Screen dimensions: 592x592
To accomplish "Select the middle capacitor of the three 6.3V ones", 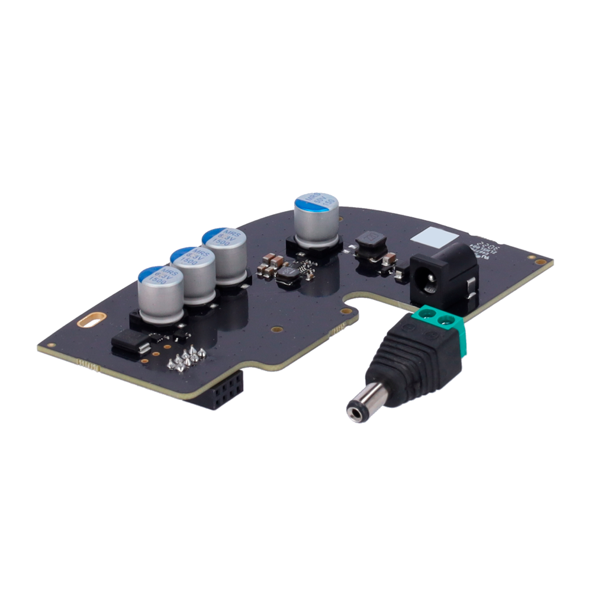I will point(192,274).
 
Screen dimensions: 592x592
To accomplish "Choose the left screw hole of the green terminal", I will point(431,314).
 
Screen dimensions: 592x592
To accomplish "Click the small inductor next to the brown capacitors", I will point(290,272).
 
